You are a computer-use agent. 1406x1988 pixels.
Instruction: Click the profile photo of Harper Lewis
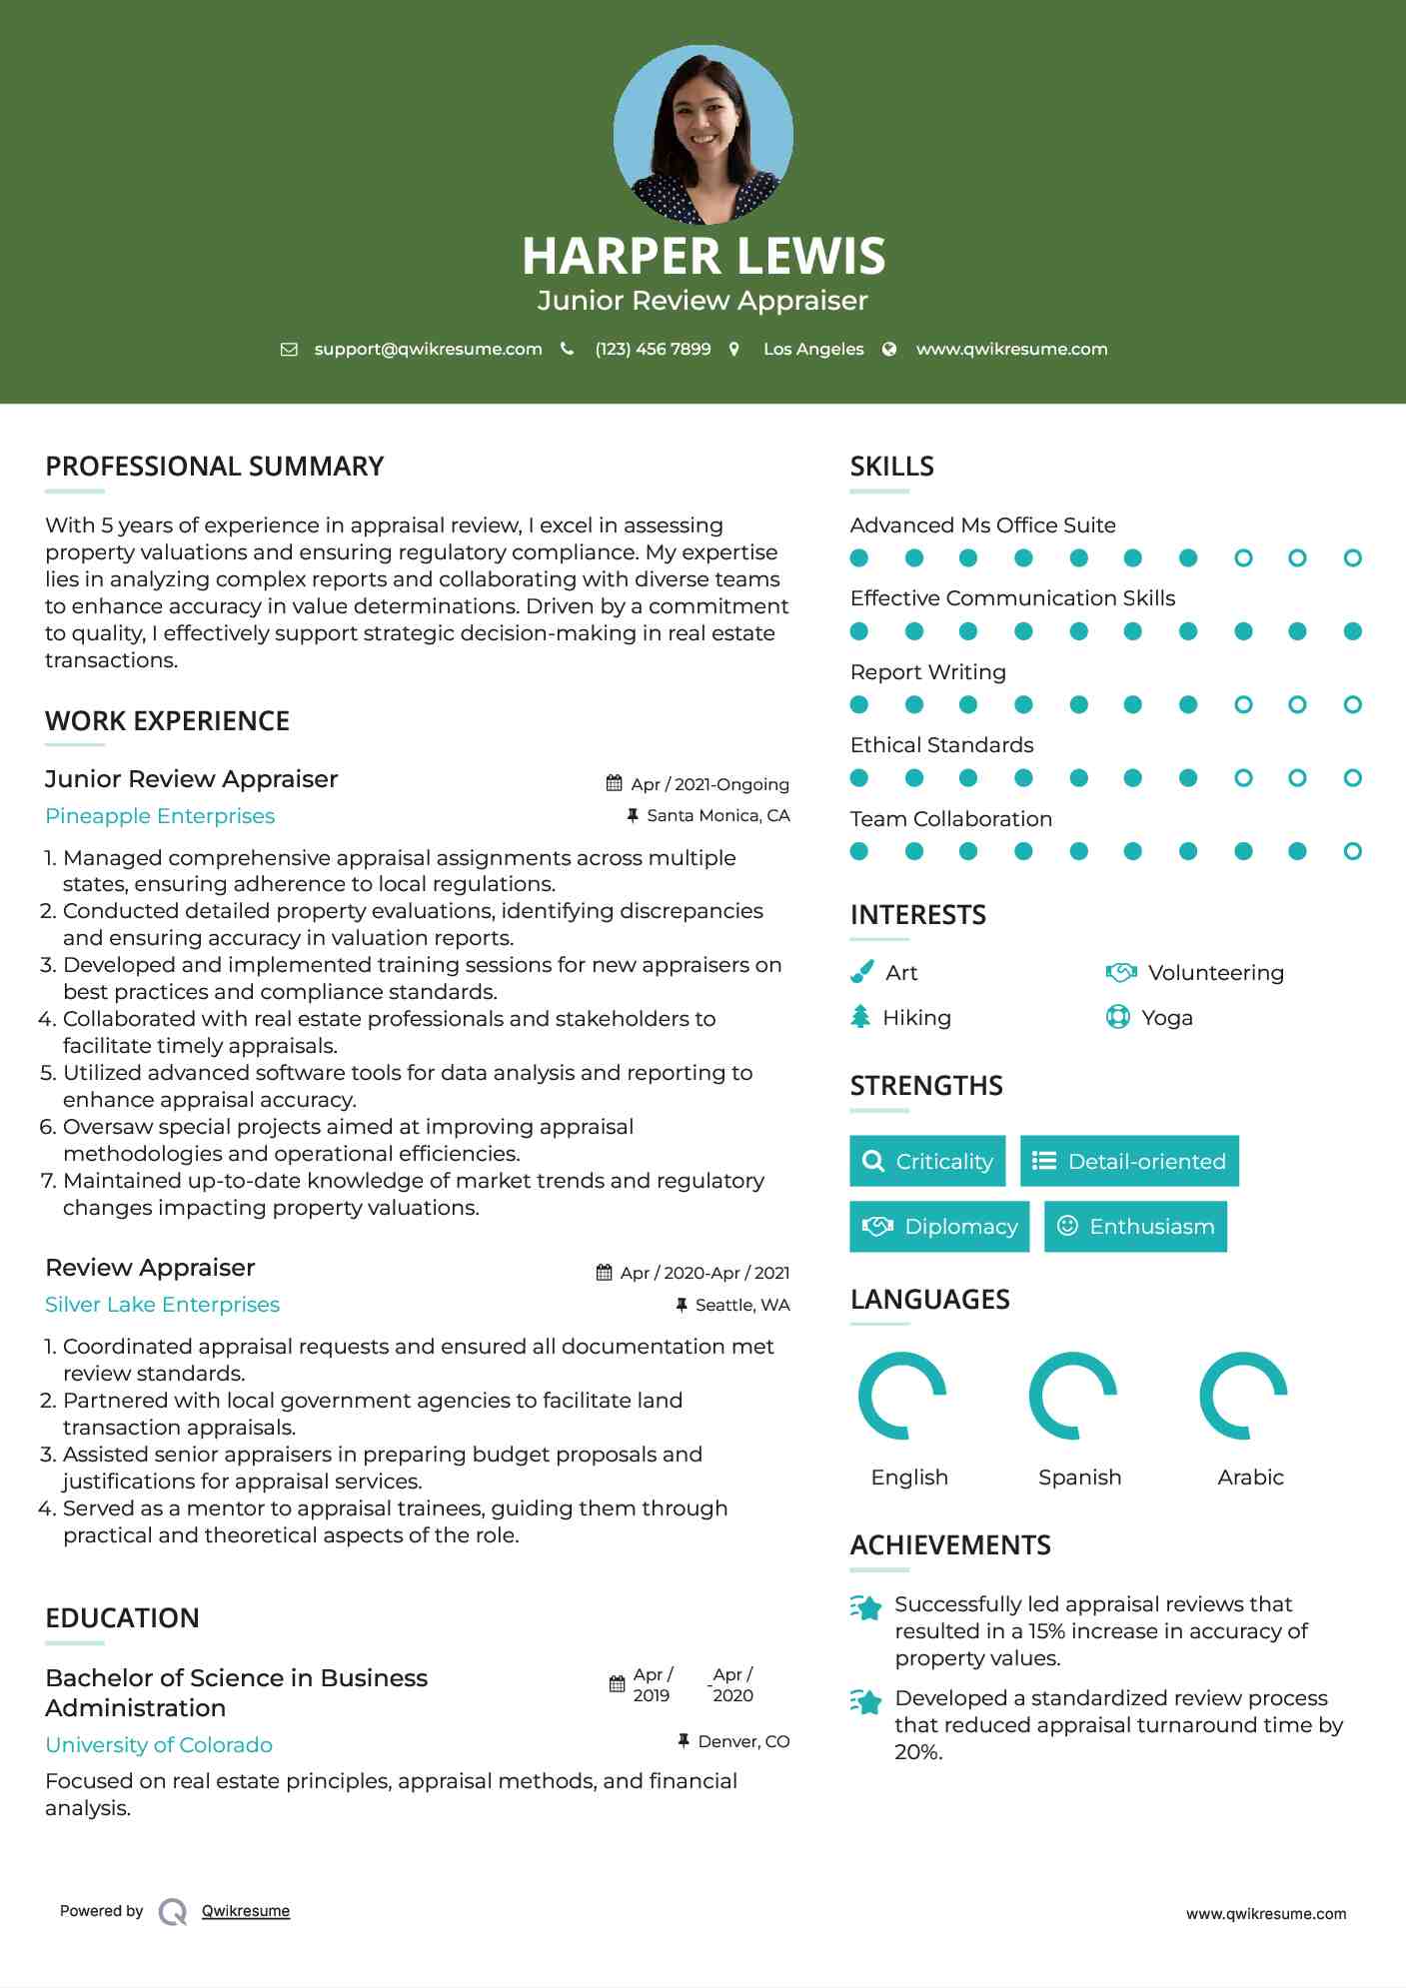point(703,135)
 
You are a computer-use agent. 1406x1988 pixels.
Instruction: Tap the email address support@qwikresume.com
point(428,349)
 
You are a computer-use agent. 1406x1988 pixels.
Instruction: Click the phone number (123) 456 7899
point(653,349)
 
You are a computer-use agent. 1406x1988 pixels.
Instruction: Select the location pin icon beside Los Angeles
point(734,349)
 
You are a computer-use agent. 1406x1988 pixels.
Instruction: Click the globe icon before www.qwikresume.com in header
point(889,349)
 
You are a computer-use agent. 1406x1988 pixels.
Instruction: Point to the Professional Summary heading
point(215,467)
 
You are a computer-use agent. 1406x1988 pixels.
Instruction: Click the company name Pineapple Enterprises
point(160,816)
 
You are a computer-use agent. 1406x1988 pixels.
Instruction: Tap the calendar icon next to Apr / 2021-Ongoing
point(615,784)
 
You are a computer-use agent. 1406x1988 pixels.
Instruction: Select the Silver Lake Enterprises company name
point(162,1305)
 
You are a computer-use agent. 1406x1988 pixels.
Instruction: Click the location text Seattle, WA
point(742,1305)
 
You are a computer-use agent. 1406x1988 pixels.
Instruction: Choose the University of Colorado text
point(159,1745)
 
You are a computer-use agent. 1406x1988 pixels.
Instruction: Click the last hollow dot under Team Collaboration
point(1352,851)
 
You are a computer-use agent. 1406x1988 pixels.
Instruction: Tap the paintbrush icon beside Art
point(861,972)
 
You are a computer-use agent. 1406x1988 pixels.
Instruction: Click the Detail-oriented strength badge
point(1129,1161)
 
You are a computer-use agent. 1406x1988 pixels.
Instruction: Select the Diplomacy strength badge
point(939,1227)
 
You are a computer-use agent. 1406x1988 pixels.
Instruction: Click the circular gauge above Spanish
point(1073,1396)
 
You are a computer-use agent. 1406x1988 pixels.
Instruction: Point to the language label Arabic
point(1250,1478)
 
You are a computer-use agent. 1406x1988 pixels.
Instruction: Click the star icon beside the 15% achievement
point(866,1607)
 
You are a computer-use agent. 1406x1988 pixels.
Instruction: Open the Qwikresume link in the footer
point(246,1911)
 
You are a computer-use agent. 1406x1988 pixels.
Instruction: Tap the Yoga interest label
point(1167,1018)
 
